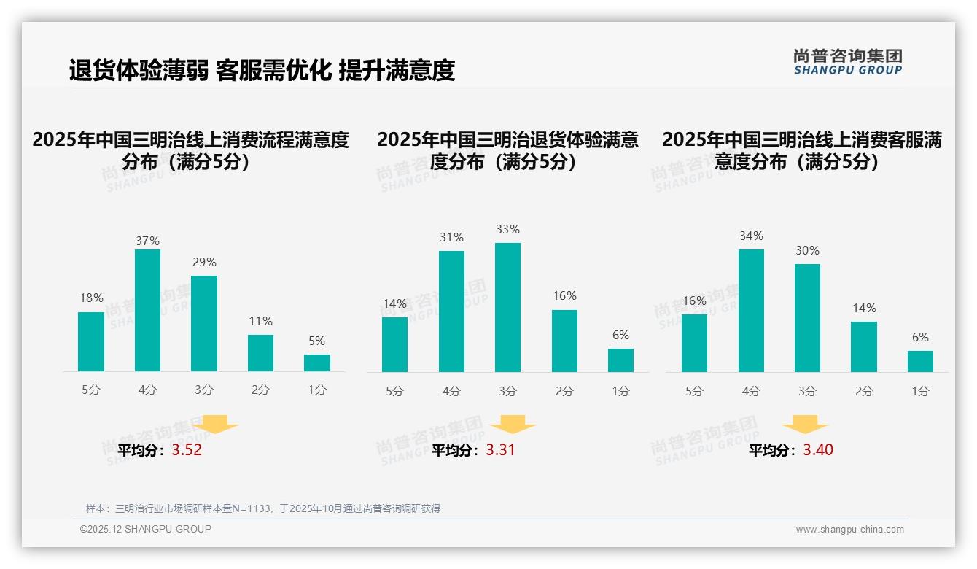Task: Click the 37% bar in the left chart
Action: (x=147, y=310)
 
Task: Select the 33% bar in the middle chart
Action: (x=507, y=307)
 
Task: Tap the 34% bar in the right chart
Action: (x=751, y=310)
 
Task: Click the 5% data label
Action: (x=316, y=341)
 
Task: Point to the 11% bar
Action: (x=260, y=353)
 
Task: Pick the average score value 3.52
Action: (x=187, y=450)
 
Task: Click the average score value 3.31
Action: (x=501, y=450)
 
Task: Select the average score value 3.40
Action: (x=818, y=450)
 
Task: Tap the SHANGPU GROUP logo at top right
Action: (x=848, y=62)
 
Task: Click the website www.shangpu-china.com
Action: (x=849, y=530)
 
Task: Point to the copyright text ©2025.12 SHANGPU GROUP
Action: (x=145, y=529)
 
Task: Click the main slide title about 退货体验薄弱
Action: (x=262, y=70)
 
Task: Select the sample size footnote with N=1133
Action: (x=263, y=508)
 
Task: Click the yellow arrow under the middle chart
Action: (x=513, y=425)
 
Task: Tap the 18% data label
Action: (x=91, y=298)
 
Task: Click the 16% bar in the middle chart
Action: (x=564, y=341)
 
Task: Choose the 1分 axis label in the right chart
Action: (x=920, y=391)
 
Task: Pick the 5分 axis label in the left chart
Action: (x=91, y=390)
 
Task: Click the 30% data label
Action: (x=807, y=250)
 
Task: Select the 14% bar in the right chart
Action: (x=864, y=347)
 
